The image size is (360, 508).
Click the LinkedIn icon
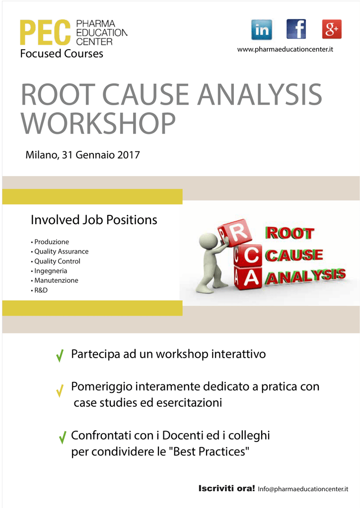coord(261,29)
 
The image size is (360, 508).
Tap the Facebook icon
coord(296,29)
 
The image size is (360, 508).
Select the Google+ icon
coord(332,29)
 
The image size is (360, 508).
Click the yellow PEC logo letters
coord(45,32)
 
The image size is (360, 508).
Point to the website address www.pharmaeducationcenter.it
coord(285,50)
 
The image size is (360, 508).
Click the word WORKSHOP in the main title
coord(98,123)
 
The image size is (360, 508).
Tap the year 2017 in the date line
coord(129,155)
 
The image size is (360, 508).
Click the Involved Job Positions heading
coord(94,220)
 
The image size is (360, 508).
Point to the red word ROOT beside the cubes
coord(289,233)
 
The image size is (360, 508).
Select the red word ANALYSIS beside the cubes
coord(305,276)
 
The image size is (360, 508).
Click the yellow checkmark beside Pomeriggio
coord(60,391)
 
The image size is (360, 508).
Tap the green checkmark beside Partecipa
coord(60,355)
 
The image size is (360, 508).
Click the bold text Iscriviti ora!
coord(226,488)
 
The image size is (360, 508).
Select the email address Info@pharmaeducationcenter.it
coord(303,489)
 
